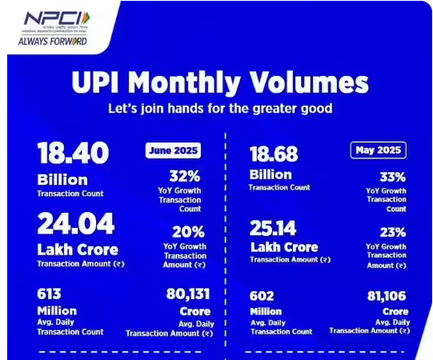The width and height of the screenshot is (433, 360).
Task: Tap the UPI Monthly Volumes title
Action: pyautogui.click(x=219, y=82)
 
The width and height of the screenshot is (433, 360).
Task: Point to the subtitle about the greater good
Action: pyautogui.click(x=219, y=108)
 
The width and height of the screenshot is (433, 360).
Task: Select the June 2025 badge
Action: pyautogui.click(x=173, y=150)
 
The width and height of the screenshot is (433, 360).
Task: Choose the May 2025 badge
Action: pyautogui.click(x=378, y=150)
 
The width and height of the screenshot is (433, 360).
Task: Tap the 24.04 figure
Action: pyautogui.click(x=75, y=223)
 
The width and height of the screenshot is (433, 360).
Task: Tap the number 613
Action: pyautogui.click(x=50, y=294)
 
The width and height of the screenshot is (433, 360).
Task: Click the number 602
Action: pyautogui.click(x=263, y=294)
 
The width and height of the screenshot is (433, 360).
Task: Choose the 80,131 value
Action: pyautogui.click(x=181, y=294)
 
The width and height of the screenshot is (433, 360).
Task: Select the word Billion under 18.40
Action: pyautogui.click(x=62, y=178)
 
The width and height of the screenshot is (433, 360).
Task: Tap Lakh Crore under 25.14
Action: pyautogui.click(x=283, y=246)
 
